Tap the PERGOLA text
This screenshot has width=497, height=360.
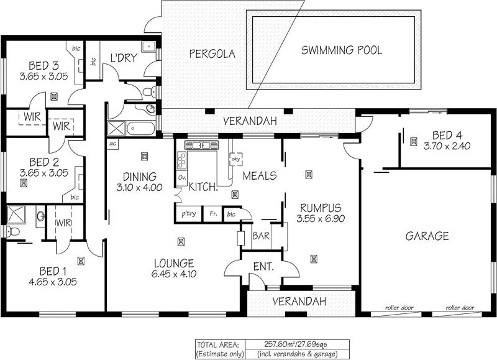pos(212,54)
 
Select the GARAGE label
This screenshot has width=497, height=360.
pos(427,236)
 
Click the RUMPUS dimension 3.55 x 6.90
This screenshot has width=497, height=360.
pos(321,219)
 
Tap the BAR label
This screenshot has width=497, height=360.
pos(260,236)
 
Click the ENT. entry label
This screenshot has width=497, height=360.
pos(263,267)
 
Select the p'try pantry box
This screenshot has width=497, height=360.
pos(188,215)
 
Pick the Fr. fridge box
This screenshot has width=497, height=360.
pos(212,215)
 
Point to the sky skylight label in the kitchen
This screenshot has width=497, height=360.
pos(235,159)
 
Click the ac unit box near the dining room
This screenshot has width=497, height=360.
pos(113,144)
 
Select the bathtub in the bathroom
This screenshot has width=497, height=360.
pos(140,129)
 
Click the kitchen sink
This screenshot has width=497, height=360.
pos(201,145)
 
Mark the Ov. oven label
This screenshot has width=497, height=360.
pos(183,177)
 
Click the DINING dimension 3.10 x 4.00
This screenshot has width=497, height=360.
pos(139,187)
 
